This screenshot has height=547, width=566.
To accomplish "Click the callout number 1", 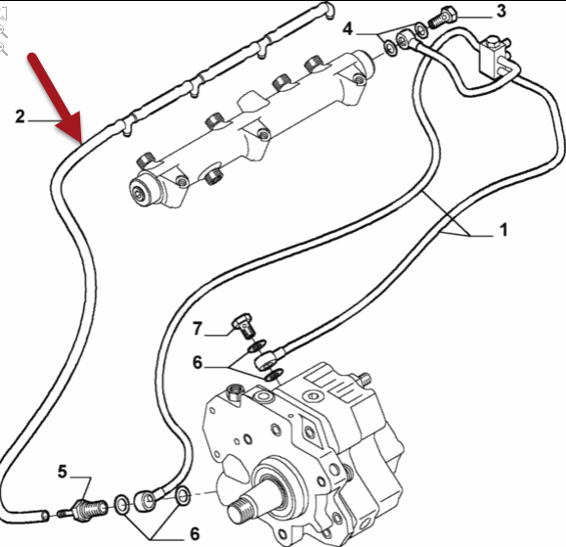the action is [x=503, y=230].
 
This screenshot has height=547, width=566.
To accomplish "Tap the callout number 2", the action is [x=21, y=116].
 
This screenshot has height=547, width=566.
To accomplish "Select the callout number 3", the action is [x=501, y=11].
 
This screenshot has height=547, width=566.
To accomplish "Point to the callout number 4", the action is [x=347, y=28].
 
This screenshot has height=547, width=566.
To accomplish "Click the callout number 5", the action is [x=63, y=472].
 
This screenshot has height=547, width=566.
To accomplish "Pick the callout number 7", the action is [x=196, y=329].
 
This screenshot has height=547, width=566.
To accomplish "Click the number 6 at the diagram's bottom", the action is [x=195, y=533].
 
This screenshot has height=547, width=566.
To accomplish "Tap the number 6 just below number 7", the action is [x=197, y=362].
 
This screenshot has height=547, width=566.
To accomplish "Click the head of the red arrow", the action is [x=81, y=142].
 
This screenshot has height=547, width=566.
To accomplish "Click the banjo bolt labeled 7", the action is [x=243, y=326].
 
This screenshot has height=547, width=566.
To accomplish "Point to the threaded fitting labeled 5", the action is [x=87, y=509].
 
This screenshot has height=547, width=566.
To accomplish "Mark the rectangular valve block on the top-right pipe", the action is [x=493, y=57].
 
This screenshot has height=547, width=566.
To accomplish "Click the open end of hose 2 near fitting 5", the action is [x=45, y=516].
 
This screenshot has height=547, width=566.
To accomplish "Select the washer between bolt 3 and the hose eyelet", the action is [x=421, y=30].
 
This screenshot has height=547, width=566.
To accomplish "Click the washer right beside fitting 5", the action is [x=121, y=504].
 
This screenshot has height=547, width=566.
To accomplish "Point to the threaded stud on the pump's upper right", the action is [x=364, y=378].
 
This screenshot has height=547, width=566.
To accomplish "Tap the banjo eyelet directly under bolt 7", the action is [x=266, y=360].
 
